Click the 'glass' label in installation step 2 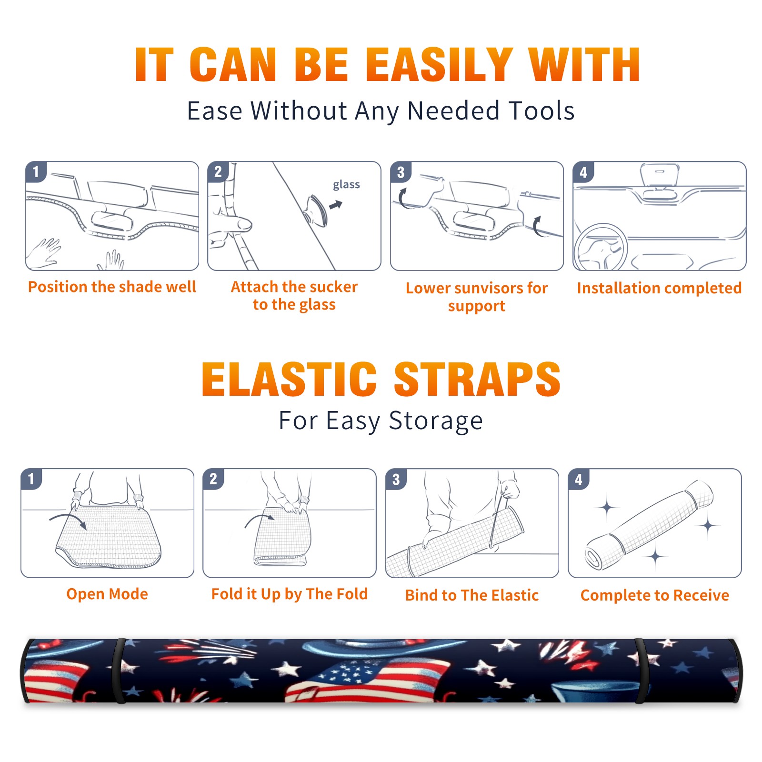[x=346, y=184]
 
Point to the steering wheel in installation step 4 [x=601, y=248]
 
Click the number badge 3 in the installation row [x=401, y=172]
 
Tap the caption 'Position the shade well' [x=112, y=287]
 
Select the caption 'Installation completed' [x=659, y=288]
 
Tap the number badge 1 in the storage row [x=31, y=479]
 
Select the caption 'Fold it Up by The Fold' [x=290, y=594]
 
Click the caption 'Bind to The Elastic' [x=472, y=595]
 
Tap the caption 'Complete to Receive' [x=655, y=595]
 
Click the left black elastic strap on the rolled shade [x=120, y=671]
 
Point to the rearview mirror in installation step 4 [x=660, y=175]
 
